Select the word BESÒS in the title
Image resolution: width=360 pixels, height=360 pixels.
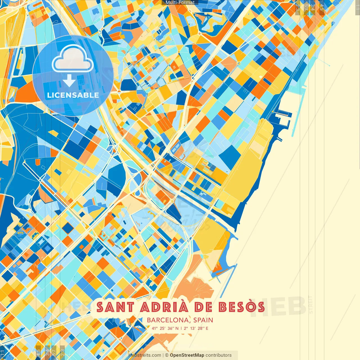click(x=242, y=307)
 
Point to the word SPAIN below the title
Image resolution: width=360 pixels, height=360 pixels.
click(x=203, y=320)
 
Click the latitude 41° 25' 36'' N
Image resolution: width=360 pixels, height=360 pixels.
click(x=165, y=328)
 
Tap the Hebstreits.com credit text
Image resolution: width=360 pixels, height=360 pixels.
click(x=145, y=355)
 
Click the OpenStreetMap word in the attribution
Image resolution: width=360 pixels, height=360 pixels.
click(x=187, y=355)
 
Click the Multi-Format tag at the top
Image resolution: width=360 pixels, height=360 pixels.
click(x=180, y=3)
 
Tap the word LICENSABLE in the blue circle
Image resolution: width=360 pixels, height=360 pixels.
click(x=73, y=95)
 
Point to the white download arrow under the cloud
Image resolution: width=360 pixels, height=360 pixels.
click(x=69, y=81)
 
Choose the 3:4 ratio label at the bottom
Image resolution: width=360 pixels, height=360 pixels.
click(x=47, y=352)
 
